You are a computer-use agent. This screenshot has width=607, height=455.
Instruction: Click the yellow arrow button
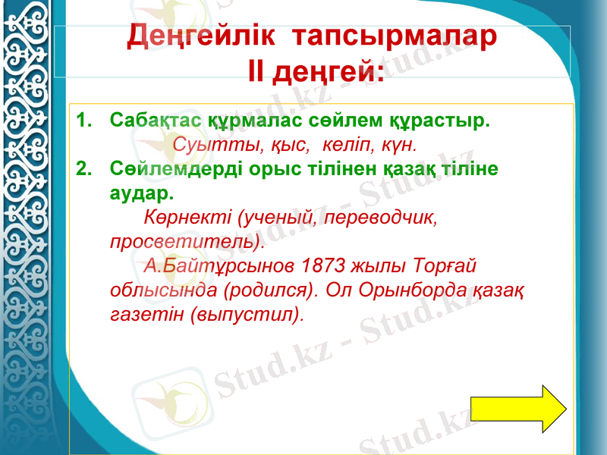click(518, 409)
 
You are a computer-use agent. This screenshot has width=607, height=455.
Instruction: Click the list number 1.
click(83, 121)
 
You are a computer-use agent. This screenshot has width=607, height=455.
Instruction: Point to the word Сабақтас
click(156, 121)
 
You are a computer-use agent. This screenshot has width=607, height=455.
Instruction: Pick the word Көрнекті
click(188, 218)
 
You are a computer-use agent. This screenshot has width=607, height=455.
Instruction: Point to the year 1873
click(326, 266)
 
